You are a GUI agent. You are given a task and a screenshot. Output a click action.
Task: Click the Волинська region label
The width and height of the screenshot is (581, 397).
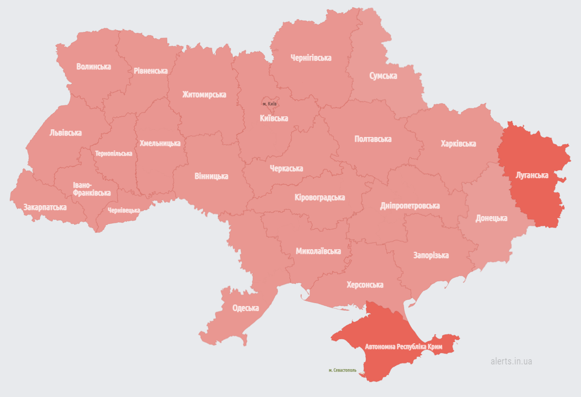pos(93,67)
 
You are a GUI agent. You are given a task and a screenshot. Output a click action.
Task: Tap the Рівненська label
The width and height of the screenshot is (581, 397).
pos(150,71)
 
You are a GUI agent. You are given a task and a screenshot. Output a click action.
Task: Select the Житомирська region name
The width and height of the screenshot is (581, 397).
pos(204,95)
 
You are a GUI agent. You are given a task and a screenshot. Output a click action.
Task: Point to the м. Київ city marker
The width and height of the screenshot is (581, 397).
pos(270,103)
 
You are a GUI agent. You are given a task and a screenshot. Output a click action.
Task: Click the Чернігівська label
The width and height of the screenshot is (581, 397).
pos(311,58)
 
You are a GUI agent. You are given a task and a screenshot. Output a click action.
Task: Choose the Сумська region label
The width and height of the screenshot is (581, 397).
pos(383,76)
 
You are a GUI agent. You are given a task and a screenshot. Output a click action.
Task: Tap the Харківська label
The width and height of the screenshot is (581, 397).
pos(458,143)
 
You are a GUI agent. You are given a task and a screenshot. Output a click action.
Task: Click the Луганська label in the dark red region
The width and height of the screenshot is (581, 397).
pos(531,175)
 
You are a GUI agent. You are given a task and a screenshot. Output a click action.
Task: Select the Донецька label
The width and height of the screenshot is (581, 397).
pos(491,218)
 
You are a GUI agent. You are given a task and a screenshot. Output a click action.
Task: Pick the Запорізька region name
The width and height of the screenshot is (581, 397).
pos(431,255)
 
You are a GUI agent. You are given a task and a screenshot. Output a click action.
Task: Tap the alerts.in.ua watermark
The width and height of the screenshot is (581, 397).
pos(511,361)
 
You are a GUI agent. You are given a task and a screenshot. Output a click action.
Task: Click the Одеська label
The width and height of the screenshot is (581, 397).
pos(246,308)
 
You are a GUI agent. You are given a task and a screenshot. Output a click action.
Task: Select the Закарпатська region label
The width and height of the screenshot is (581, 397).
pos(45,207)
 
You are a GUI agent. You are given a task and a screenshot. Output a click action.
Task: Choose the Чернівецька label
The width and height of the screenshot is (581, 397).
pos(124,210)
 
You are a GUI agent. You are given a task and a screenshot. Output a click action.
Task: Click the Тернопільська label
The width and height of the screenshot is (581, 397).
pos(114,154)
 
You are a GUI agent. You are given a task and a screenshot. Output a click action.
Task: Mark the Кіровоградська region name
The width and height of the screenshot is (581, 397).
pos(320,197)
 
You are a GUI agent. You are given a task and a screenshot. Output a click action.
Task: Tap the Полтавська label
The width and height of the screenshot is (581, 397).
pos(373,139)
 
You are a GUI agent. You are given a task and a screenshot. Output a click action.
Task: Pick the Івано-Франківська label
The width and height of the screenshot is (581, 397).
pos(91,189)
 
